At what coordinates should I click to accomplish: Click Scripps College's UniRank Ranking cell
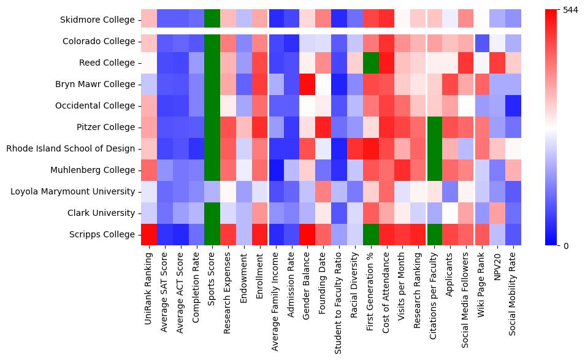coord(149,234)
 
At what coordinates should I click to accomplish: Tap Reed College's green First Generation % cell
coord(371,63)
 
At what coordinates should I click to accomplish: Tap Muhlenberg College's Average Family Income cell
coord(276,170)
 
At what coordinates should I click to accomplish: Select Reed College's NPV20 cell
coord(497,63)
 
